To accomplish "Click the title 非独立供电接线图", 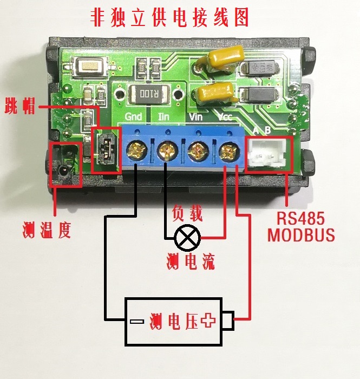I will point(170,18).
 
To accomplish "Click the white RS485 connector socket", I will point(269,154).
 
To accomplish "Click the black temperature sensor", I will point(63,168).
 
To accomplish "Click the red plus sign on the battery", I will point(208,322).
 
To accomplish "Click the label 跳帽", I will point(20,106).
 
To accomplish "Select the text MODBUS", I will point(301,236).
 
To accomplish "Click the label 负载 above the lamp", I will point(187,213).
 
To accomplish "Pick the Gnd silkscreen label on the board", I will point(133,116).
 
